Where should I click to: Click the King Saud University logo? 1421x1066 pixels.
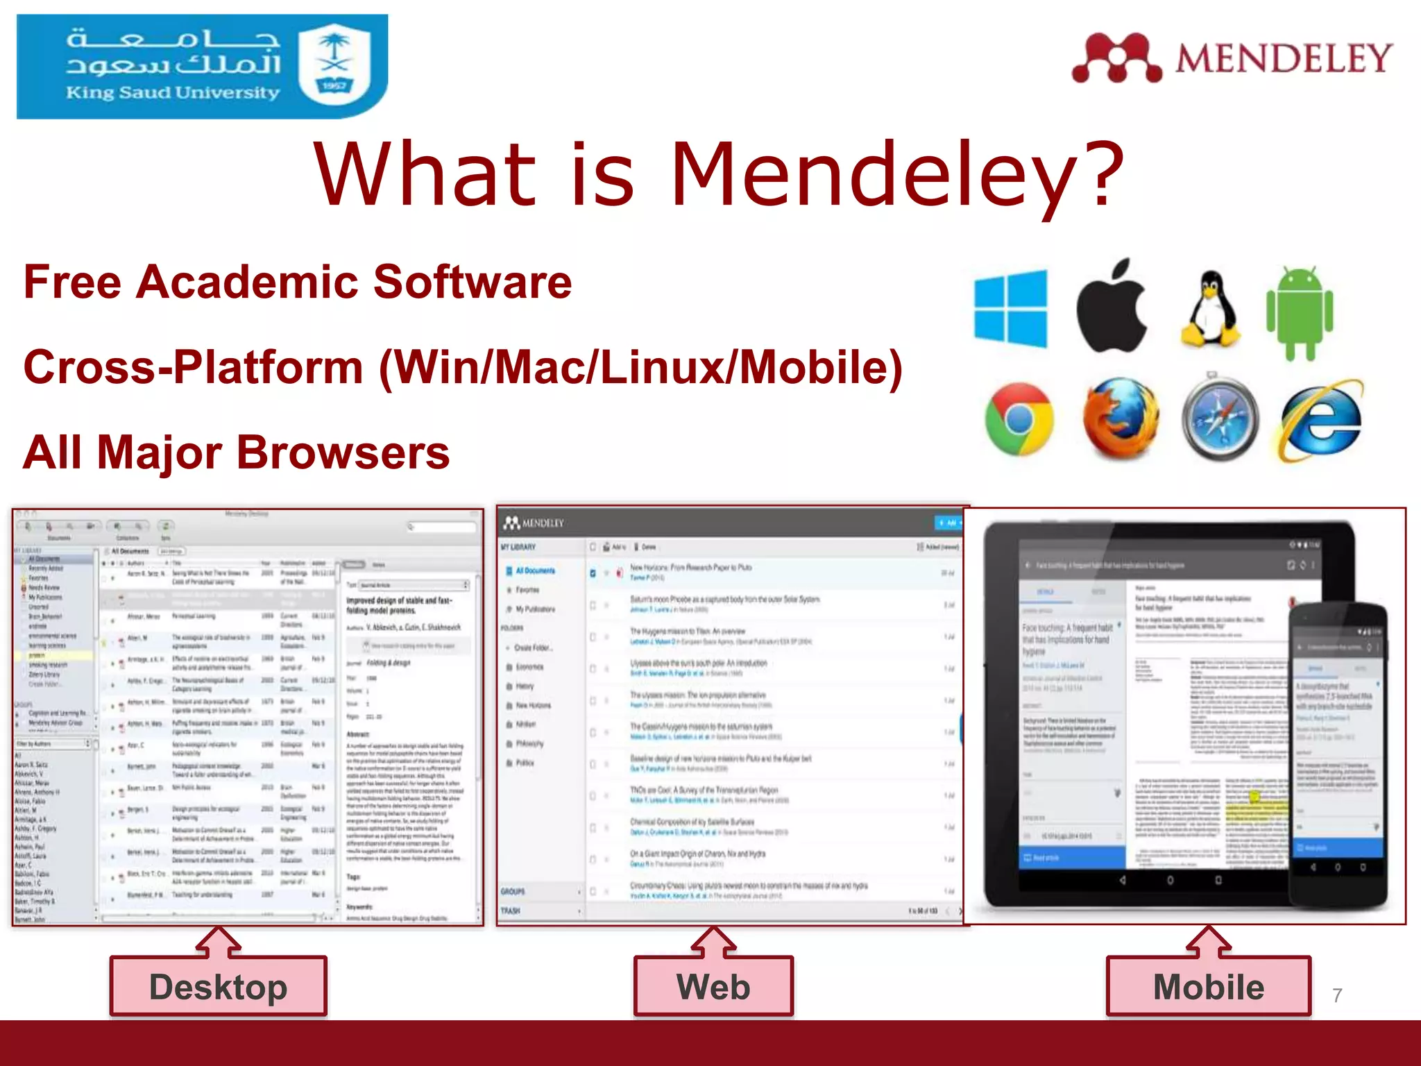201,67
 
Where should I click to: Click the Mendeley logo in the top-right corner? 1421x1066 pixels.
1232,58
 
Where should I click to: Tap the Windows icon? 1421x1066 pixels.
1011,308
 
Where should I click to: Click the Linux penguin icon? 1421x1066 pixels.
1210,310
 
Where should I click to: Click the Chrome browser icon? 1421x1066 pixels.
1019,419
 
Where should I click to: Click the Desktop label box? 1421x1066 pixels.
218,986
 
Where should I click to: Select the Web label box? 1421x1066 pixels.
713,986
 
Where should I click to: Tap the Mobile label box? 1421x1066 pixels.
1209,986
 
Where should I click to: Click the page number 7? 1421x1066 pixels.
1337,995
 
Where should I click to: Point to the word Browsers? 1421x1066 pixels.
343,452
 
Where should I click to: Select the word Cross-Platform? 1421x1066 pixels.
193,367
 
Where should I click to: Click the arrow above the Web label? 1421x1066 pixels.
713,942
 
